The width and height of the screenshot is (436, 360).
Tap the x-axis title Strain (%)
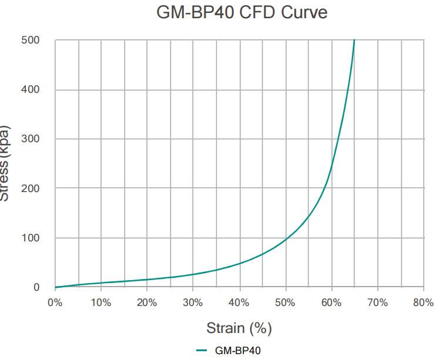click(x=239, y=327)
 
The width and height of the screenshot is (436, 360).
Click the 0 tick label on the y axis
click(x=36, y=287)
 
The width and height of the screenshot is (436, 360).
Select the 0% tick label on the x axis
click(x=55, y=303)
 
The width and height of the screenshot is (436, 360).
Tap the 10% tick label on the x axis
click(x=101, y=303)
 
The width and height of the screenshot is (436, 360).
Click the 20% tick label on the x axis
click(x=147, y=303)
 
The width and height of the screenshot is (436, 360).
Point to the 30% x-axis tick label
click(x=193, y=303)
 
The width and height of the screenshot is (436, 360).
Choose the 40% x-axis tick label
click(x=239, y=303)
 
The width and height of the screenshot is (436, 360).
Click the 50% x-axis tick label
click(x=286, y=303)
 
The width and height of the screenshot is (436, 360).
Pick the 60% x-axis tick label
click(x=331, y=303)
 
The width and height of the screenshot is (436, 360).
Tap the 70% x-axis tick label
click(x=377, y=303)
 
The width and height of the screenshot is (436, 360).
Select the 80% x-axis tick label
click(x=423, y=303)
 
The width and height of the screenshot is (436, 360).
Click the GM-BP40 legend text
click(x=238, y=351)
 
